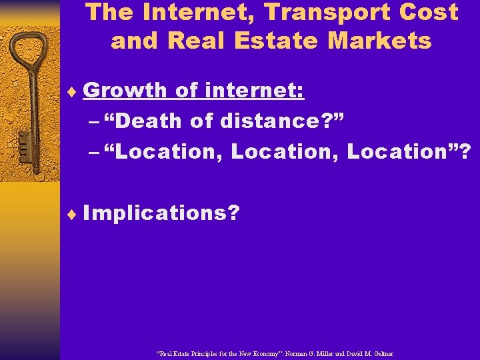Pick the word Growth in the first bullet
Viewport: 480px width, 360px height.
(126, 90)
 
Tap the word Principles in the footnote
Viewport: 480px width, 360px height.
(198, 353)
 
